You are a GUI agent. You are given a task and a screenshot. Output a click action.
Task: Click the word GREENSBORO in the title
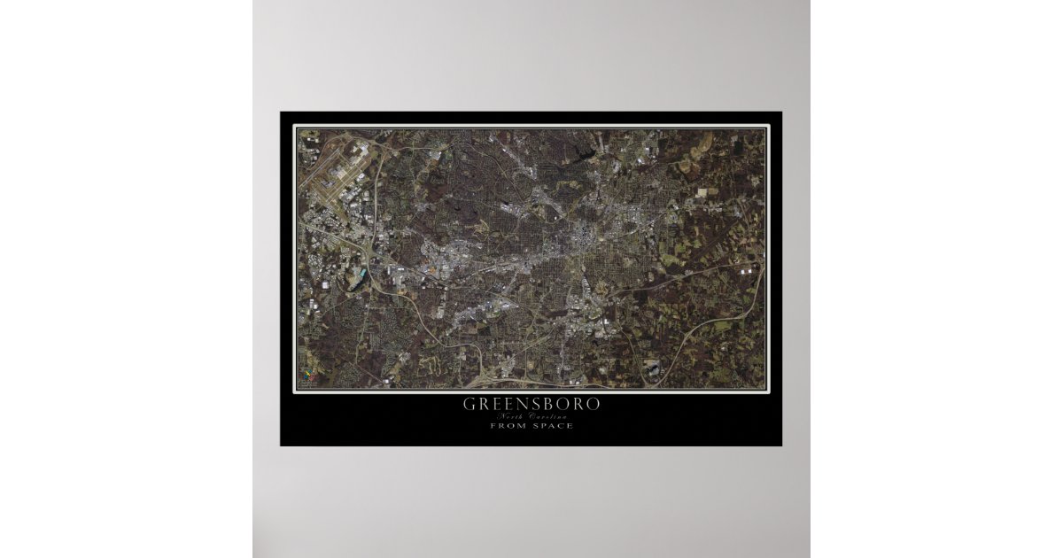coord(531,404)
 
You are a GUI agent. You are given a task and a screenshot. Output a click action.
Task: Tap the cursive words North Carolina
coord(531,416)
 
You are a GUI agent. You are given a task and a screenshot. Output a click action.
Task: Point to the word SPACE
coord(553,426)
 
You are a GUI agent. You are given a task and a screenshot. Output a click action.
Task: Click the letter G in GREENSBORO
coord(469,404)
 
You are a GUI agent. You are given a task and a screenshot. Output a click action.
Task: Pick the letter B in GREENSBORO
coord(556,404)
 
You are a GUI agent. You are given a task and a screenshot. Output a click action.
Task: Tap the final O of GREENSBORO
coord(594,404)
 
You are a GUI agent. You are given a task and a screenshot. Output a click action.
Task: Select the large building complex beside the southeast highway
coord(653,368)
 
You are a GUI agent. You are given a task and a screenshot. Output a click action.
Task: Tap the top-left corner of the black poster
coord(281,112)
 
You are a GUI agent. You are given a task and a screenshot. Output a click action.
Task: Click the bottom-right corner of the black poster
coord(783,445)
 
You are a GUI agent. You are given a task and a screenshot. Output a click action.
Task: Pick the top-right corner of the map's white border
coord(769,126)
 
